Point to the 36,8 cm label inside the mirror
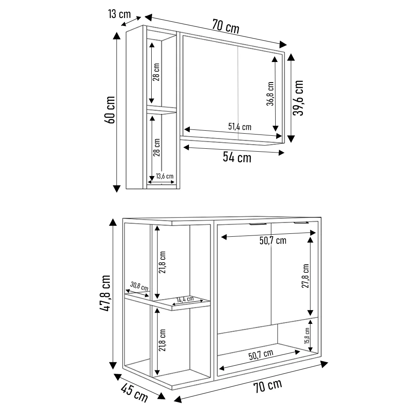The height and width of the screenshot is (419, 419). tap(270, 94)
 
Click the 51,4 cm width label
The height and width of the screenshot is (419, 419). tap(240, 127)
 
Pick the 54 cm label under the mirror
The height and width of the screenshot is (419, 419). tap(237, 158)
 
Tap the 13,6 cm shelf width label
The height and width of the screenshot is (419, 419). tap(164, 176)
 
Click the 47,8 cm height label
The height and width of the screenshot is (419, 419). tap(105, 293)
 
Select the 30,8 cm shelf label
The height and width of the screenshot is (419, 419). tap(139, 287)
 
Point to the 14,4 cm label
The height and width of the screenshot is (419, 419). tap(185, 299)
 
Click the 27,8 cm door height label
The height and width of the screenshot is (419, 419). tap(305, 276)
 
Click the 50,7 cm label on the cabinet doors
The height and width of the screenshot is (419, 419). tap(273, 241)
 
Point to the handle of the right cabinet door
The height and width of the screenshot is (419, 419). tap(301, 222)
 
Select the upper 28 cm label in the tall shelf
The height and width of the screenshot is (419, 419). tap(156, 72)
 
